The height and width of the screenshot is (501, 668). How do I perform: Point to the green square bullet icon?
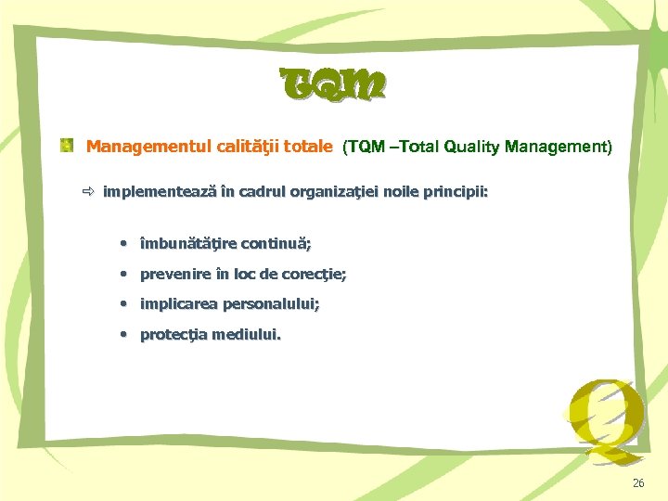[x=68, y=146]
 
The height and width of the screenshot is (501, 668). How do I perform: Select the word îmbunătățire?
[x=187, y=244]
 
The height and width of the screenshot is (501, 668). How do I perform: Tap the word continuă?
[x=276, y=244]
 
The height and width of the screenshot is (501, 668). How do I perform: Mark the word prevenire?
[x=173, y=275]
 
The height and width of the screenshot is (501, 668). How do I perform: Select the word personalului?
[x=269, y=304]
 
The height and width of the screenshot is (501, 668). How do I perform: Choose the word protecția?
[x=173, y=335]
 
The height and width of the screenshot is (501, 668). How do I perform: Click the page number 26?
[x=638, y=483]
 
